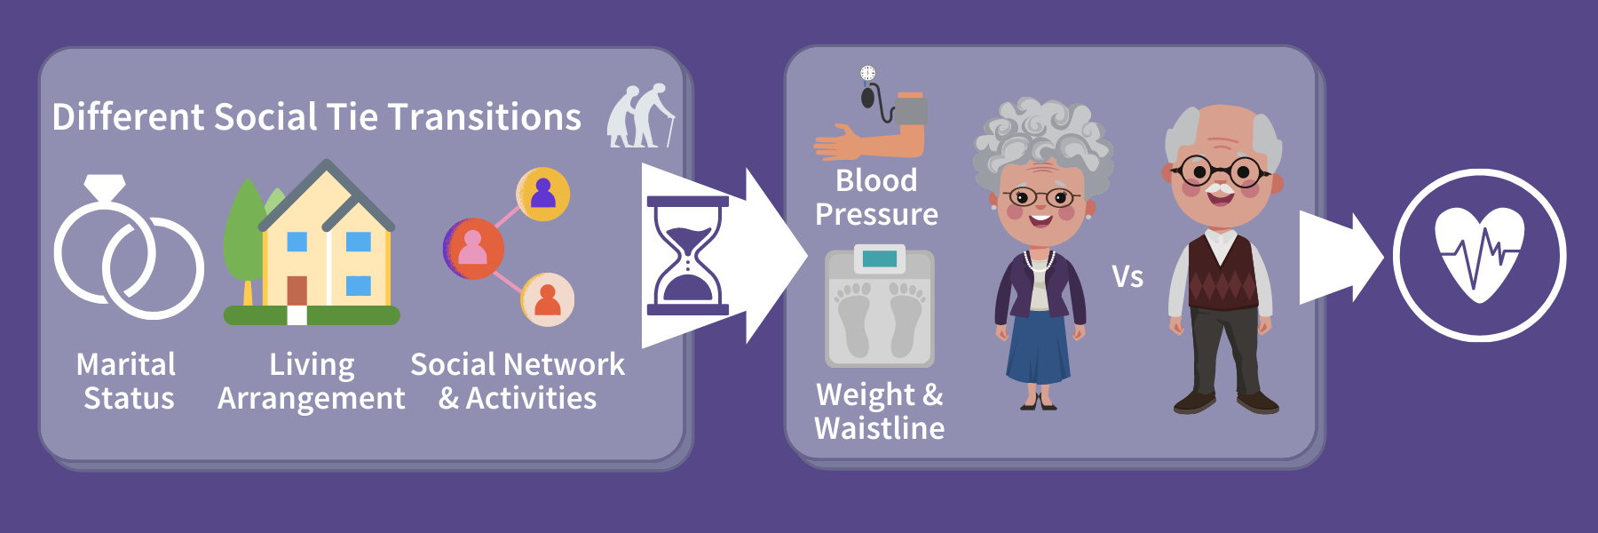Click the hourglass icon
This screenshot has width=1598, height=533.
pos(688,256)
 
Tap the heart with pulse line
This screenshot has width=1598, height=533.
pos(1480,255)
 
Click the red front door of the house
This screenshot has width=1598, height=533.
pos(297,290)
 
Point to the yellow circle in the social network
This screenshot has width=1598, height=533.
pos(542,194)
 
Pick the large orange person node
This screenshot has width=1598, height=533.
pos(473,249)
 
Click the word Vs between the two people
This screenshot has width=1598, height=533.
pos(1127,276)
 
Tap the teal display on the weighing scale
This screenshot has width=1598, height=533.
pos(879,259)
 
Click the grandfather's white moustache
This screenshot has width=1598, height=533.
pos(1220,188)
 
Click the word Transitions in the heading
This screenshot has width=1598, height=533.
pos(485,117)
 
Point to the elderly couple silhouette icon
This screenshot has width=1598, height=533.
pos(640,115)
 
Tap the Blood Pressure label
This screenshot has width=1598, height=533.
pos(876,197)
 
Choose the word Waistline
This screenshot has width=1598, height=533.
pos(879,428)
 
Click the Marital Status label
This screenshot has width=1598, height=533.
pos(127,381)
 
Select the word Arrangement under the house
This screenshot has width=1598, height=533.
pos(311,399)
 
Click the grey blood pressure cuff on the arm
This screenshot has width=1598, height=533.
pos(910,111)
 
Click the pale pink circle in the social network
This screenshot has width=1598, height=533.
pos(547,299)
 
